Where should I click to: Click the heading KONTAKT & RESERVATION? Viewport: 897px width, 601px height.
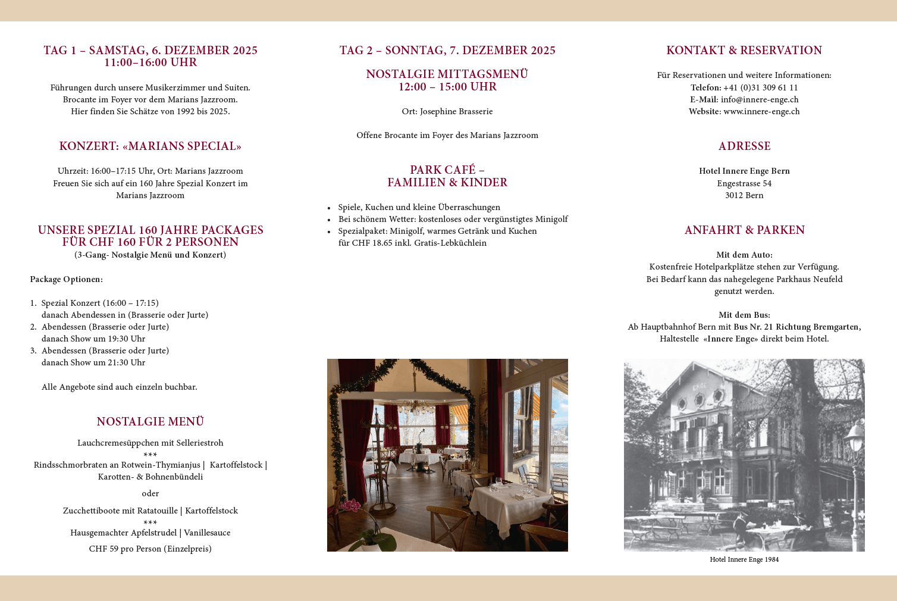point(744,51)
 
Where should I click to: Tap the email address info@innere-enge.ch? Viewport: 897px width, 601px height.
point(760,99)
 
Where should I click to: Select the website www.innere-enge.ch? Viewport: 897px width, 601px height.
point(761,111)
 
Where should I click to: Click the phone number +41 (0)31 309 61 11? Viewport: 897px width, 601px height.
point(760,87)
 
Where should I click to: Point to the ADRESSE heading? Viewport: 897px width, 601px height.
point(744,146)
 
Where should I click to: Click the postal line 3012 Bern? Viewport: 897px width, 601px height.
point(744,195)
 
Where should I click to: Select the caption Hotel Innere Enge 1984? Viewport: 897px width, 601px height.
point(744,559)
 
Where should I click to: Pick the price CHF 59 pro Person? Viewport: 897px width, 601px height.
point(150,549)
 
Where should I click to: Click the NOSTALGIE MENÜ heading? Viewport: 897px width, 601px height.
point(150,422)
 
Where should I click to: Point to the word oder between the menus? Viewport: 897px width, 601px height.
point(150,493)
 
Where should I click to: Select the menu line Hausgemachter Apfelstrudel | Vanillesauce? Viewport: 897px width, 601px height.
point(150,533)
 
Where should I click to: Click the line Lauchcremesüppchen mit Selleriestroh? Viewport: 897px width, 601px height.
point(150,443)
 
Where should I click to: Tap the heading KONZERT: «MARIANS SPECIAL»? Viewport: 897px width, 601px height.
point(150,146)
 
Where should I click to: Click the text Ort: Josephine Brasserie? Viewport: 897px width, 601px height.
point(447,111)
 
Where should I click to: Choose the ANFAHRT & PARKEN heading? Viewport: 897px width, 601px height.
point(744,230)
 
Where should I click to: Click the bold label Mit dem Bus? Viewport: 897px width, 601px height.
point(744,315)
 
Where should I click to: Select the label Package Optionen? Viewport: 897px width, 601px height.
point(66,279)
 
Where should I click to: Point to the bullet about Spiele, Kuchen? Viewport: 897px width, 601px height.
point(419,207)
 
